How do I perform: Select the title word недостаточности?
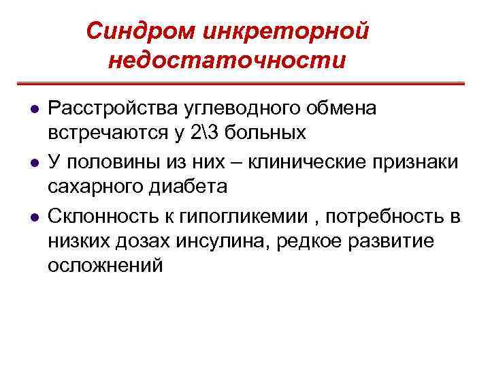pyautogui.click(x=227, y=60)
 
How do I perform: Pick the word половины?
pyautogui.click(x=112, y=164)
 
